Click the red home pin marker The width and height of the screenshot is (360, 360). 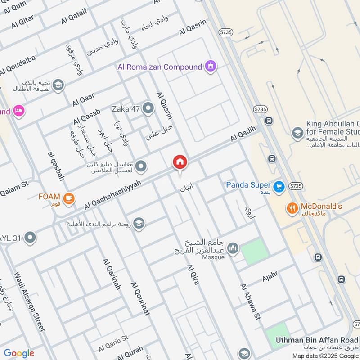click(x=180, y=162)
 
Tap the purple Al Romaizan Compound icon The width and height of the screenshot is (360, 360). click(x=210, y=67)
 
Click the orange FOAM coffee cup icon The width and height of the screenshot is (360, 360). click(x=69, y=198)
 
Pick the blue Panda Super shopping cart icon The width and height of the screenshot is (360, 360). click(x=279, y=186)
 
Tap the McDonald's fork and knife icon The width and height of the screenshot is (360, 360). click(x=292, y=208)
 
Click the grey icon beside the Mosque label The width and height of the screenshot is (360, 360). click(x=233, y=248)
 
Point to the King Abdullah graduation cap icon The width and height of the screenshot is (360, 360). click(x=297, y=133)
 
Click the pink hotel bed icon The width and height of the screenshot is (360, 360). click(x=18, y=111)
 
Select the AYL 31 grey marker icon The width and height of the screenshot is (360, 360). click(x=30, y=237)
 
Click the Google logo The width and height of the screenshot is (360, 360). click(x=19, y=353)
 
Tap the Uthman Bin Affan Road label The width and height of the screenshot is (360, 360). click(x=317, y=340)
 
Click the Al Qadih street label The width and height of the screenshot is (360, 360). click(x=243, y=134)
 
